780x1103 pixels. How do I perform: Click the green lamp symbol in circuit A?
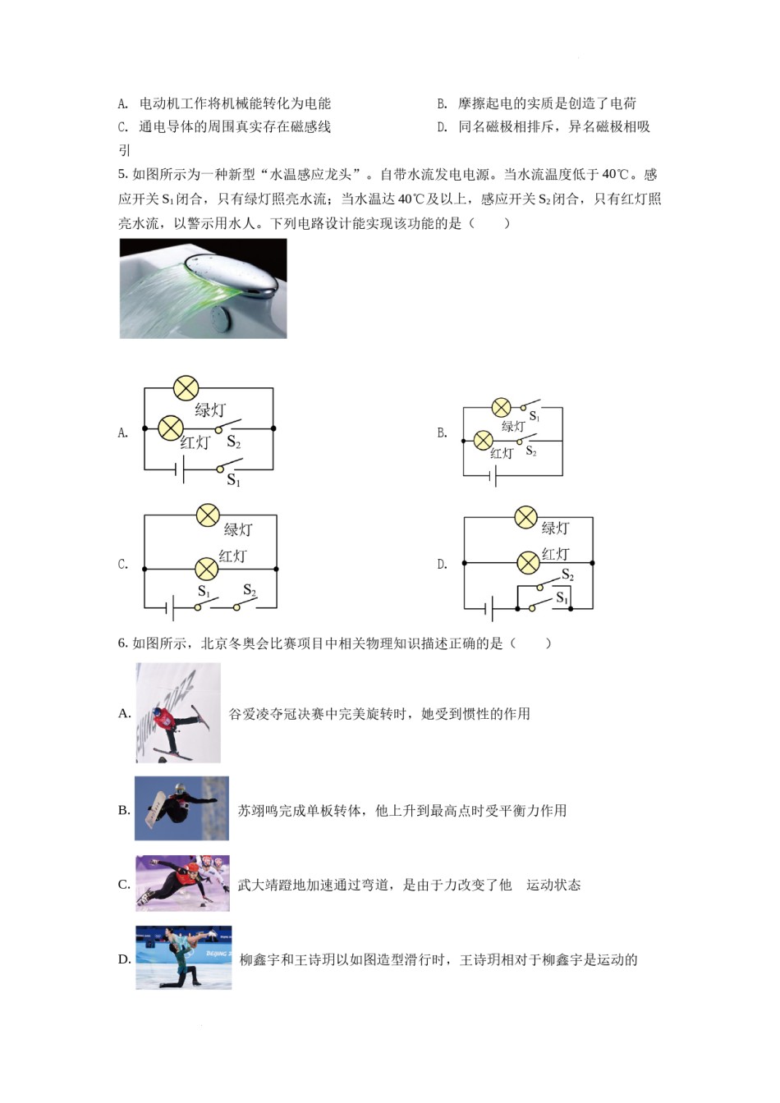coord(186,388)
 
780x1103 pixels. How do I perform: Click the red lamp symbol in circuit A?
coord(170,428)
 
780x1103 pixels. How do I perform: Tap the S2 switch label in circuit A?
coord(234,443)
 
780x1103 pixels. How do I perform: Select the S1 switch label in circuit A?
coord(234,480)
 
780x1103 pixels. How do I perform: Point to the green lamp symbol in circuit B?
coord(501,407)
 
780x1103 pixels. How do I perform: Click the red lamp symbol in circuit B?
coord(484,441)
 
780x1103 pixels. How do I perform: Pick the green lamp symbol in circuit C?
coord(208,515)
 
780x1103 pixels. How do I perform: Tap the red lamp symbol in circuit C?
coord(206,568)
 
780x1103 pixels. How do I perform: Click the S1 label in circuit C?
coord(204,592)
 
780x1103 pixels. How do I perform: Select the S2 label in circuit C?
coord(250,591)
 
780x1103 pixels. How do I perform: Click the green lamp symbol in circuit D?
coord(525,517)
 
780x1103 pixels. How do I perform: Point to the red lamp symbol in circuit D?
coord(528,562)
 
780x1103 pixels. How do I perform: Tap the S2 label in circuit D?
coord(567,575)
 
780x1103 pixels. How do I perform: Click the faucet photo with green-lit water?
coord(204,288)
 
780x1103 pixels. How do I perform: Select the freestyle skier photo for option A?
coord(178,712)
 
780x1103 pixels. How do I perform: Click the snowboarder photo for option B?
coord(181,808)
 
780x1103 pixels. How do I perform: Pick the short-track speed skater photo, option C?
coord(182,883)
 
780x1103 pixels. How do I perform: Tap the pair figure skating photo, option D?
coord(183,957)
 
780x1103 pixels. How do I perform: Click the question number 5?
coord(122,174)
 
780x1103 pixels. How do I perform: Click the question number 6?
coord(122,643)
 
